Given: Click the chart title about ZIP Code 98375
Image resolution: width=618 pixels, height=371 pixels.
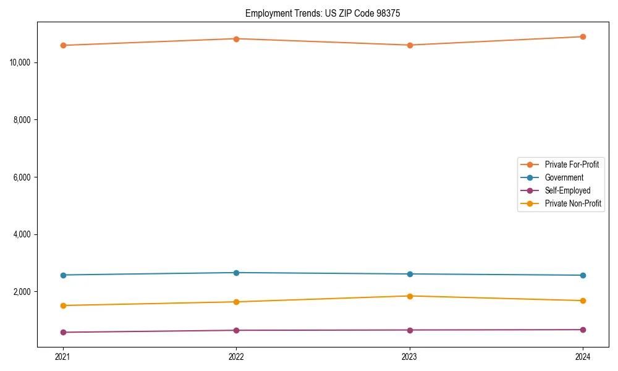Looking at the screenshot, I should click(x=323, y=13).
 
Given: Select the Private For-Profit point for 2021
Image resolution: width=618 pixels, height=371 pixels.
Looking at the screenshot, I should click(x=63, y=45).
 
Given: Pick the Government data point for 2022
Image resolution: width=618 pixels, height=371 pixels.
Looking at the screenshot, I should click(x=236, y=273).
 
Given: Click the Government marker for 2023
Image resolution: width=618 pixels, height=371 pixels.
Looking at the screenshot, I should click(x=410, y=274).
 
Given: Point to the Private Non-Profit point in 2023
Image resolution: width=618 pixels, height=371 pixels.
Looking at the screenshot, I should click(x=410, y=296).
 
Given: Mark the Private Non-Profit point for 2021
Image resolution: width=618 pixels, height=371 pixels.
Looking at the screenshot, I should click(x=63, y=305).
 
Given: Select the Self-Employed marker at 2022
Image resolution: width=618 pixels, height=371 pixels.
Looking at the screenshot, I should click(x=236, y=330).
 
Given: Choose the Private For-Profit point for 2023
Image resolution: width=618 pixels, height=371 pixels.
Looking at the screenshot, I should click(x=410, y=45).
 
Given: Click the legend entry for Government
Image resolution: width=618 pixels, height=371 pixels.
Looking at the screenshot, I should click(x=564, y=177).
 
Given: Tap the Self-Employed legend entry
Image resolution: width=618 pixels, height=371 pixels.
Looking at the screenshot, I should click(x=567, y=190).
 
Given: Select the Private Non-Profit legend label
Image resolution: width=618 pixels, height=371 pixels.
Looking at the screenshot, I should click(x=573, y=203).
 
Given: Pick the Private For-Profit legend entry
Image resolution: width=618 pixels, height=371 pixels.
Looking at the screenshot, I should click(x=572, y=164).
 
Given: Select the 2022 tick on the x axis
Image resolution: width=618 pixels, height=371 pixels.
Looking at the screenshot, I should click(x=236, y=356).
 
